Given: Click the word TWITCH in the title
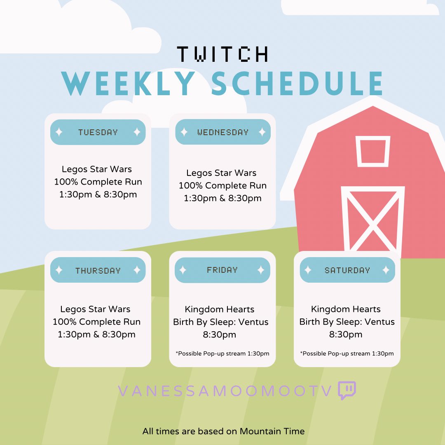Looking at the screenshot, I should (222, 54).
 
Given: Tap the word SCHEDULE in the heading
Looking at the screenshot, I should (298, 84).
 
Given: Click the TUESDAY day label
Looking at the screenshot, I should (98, 132).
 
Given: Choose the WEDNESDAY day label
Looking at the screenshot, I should (222, 132).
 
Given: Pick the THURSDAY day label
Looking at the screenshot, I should (98, 270).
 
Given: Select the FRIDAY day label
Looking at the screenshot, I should (222, 270).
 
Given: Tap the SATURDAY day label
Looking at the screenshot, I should (347, 270).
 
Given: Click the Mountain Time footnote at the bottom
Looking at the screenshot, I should (223, 431).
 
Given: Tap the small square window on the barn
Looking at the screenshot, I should (372, 151).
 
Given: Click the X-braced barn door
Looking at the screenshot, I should (373, 220).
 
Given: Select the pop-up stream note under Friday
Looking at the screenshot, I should (222, 354).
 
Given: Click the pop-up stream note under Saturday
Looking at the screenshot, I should (347, 354).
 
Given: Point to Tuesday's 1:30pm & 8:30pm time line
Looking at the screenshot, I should (98, 194).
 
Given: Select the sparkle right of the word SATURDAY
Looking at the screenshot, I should (386, 270).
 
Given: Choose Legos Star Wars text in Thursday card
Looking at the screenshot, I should (95, 309).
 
